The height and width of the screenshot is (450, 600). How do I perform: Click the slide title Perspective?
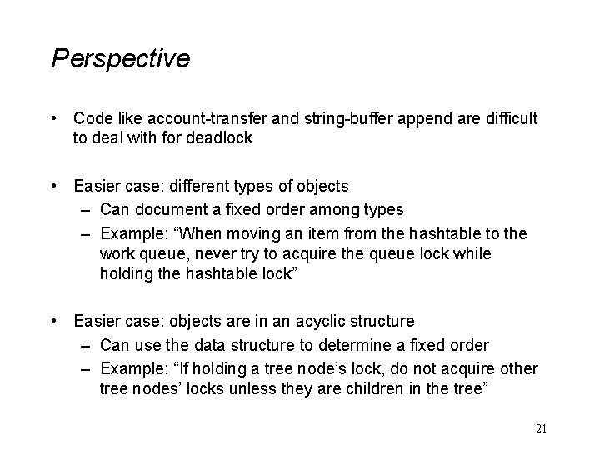point(121,58)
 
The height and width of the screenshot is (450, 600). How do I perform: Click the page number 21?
point(541,428)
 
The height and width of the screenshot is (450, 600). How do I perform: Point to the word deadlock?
point(219,137)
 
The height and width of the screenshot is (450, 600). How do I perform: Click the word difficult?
point(512,118)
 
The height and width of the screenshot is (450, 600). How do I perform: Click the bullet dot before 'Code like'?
point(54,118)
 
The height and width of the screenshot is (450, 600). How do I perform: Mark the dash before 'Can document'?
point(86,211)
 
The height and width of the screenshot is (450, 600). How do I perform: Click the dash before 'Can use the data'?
point(86,346)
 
